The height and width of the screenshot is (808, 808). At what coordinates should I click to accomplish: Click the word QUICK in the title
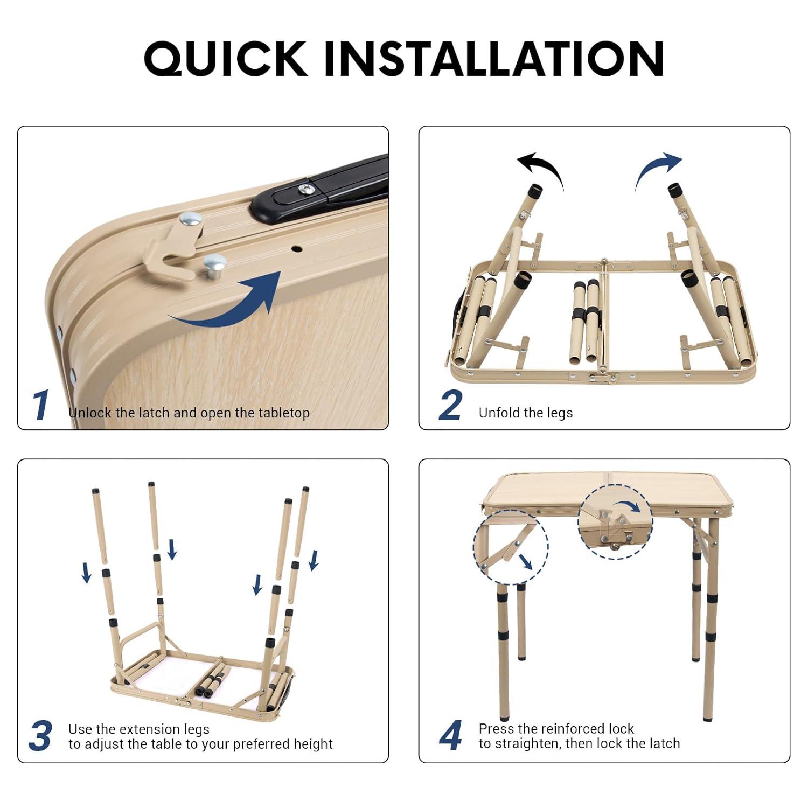click(x=226, y=58)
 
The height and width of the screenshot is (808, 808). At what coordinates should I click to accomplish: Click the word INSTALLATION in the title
click(x=494, y=58)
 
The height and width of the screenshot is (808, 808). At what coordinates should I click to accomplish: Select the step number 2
click(x=450, y=406)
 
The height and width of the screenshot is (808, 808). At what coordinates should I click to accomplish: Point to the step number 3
click(x=40, y=736)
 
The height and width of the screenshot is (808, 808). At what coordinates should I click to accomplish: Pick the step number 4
click(x=450, y=736)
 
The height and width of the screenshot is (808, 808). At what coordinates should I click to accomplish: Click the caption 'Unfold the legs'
click(x=525, y=413)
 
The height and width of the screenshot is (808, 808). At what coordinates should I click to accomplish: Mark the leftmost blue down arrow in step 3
click(x=86, y=573)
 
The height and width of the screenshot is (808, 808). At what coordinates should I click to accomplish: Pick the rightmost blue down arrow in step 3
click(x=314, y=560)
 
